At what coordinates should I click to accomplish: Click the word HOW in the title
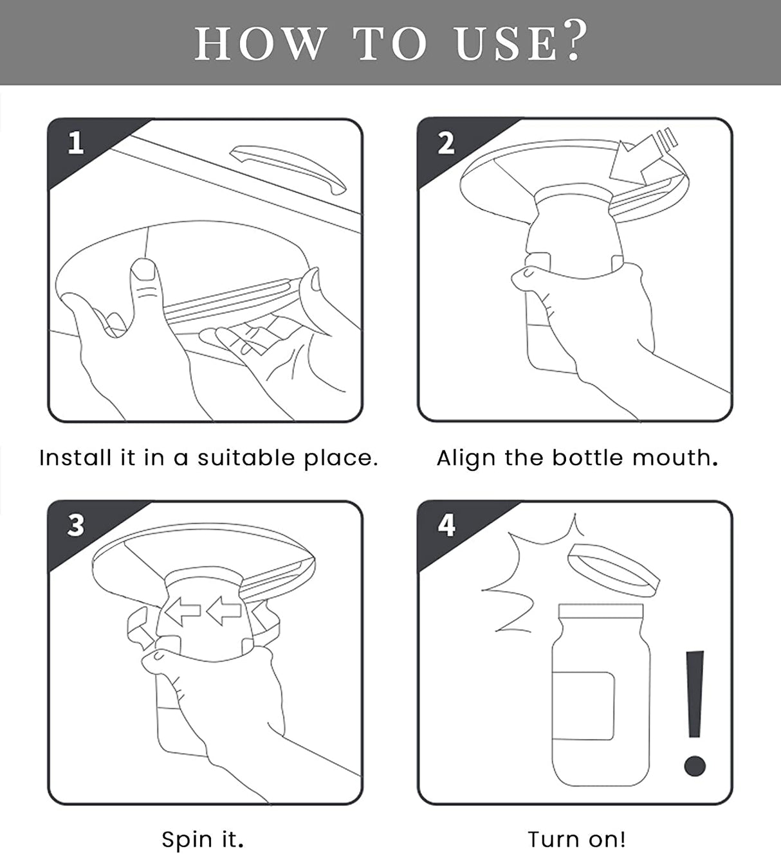point(260,44)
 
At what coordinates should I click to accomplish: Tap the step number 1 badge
point(76,143)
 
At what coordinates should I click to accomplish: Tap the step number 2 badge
point(446,143)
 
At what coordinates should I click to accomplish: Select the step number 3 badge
point(76,525)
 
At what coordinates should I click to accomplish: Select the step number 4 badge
point(446,525)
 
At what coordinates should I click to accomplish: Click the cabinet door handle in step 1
point(288,168)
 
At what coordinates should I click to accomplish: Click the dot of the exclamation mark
point(695,765)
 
